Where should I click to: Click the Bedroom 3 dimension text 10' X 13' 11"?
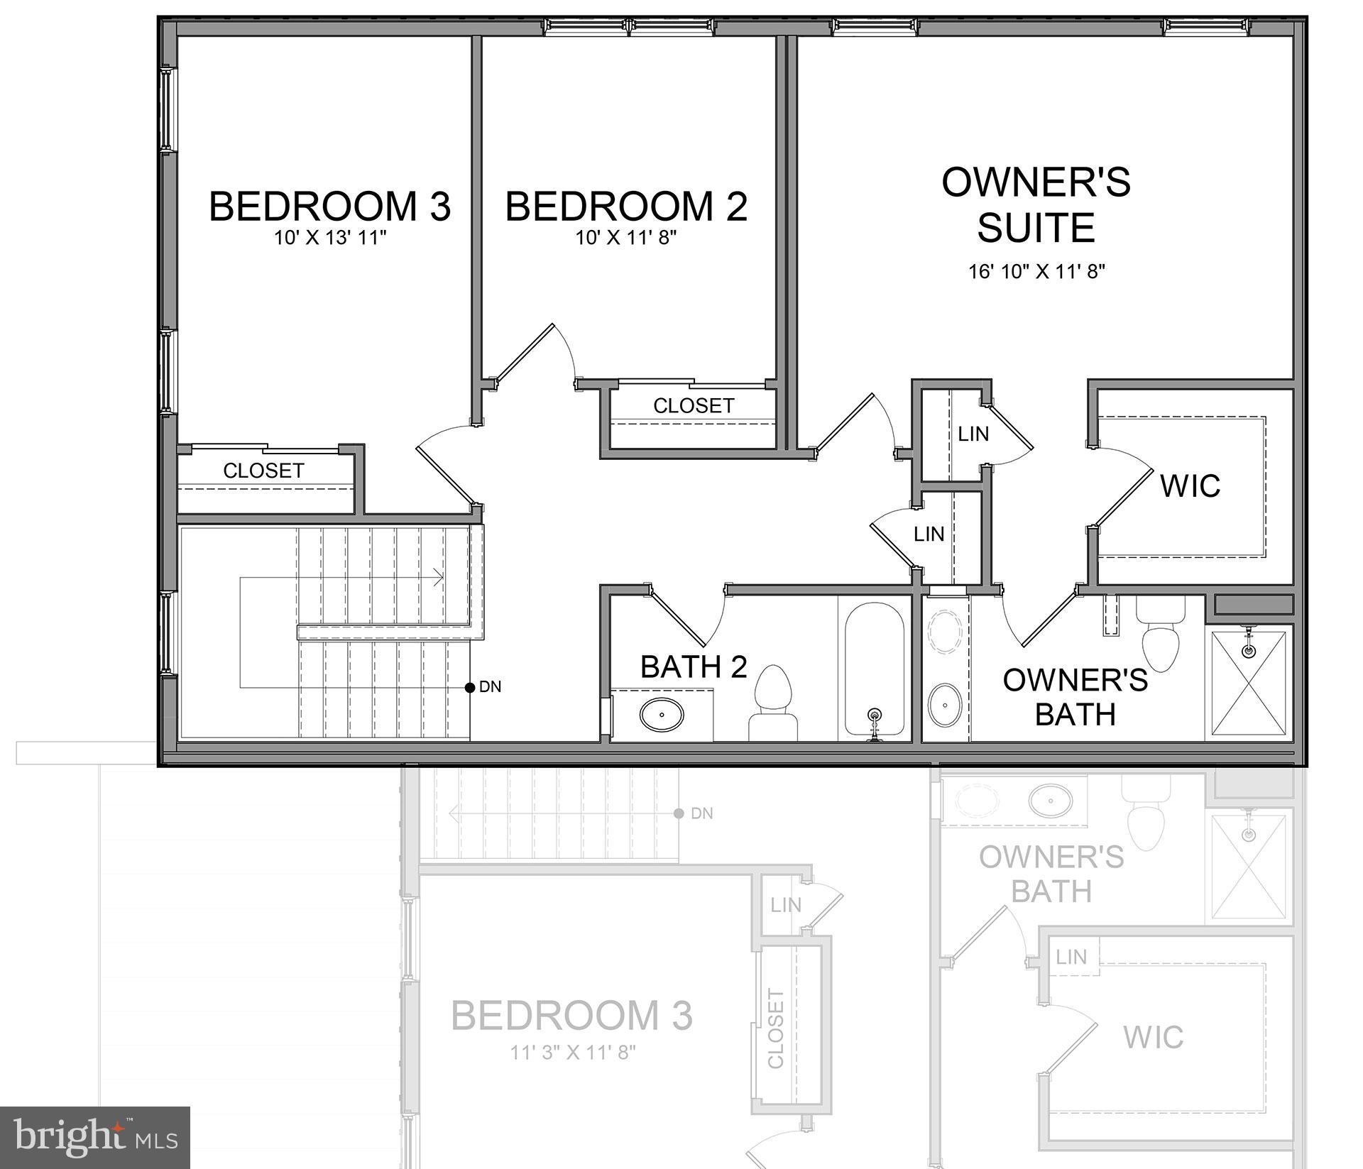(x=330, y=238)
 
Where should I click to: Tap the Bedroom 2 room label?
(x=626, y=207)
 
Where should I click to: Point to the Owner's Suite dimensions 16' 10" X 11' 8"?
(x=1037, y=271)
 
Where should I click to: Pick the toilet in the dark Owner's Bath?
(x=1160, y=635)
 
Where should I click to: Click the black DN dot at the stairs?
(x=469, y=687)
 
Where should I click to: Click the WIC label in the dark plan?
(x=1190, y=486)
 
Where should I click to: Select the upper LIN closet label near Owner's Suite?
(x=973, y=434)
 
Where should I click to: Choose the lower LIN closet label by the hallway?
(x=929, y=534)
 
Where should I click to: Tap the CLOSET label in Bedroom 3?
(x=263, y=471)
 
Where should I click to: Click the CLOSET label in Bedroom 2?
(x=694, y=406)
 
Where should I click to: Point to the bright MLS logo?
(x=95, y=1138)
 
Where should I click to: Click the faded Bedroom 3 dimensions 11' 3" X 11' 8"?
(x=572, y=1052)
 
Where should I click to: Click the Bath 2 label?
(x=694, y=667)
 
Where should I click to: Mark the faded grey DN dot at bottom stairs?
(x=679, y=813)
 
